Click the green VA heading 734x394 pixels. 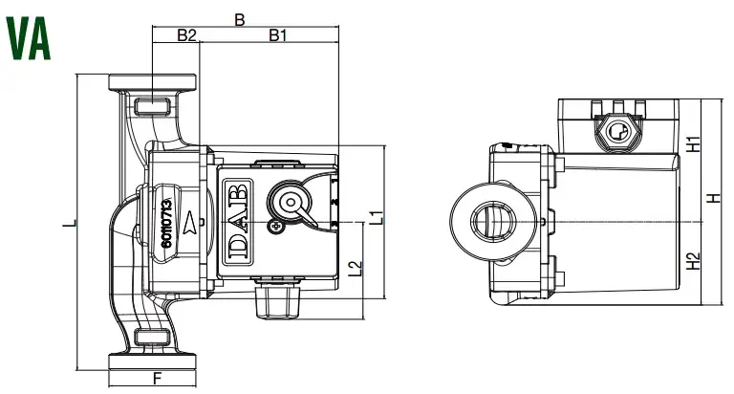coord(30,37)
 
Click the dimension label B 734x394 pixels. coord(240,18)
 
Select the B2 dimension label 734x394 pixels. coord(186,35)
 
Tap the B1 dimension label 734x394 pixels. coord(278,35)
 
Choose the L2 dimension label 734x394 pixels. coord(356,270)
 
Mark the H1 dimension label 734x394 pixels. coord(695,144)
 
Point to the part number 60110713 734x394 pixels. coord(166,222)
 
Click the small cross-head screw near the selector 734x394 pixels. coord(276,228)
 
